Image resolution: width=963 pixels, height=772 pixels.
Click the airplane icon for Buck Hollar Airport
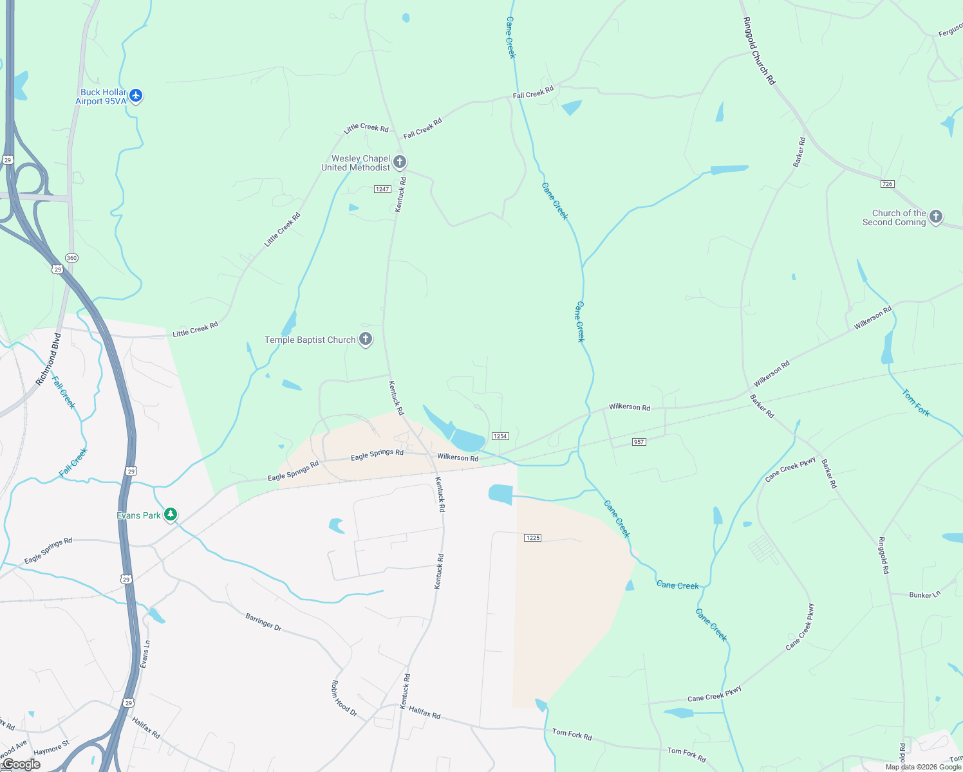135,96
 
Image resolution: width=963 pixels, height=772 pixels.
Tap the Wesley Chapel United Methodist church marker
400,161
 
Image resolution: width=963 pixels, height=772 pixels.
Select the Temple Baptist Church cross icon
366,339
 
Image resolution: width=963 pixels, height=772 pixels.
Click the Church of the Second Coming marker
936,217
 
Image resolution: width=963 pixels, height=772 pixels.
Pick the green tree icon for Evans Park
171,514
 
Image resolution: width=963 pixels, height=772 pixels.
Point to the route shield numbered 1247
382,189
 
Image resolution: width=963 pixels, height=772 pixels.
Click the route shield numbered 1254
500,436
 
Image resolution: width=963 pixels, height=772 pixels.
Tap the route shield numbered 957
639,442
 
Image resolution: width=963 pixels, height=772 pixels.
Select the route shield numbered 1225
532,538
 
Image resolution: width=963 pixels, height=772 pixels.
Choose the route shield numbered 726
888,184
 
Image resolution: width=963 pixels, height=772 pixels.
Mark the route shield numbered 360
71,258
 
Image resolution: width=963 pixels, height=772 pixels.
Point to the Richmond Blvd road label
48,360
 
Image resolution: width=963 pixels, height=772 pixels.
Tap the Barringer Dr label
263,622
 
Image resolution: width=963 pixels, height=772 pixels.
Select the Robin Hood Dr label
344,699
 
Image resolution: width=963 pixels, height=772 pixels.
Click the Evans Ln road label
145,653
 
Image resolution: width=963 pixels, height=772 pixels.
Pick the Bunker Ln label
924,595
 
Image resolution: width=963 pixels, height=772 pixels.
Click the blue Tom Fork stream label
916,403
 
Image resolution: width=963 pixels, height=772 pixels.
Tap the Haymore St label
51,749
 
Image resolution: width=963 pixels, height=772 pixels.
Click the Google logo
21,764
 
